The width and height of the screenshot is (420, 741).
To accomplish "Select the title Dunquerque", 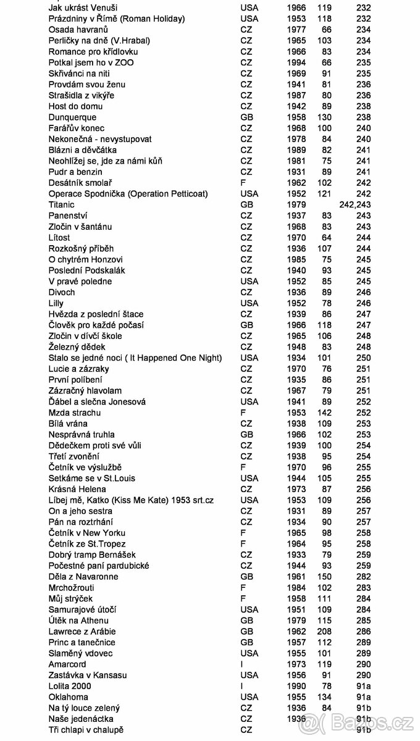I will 72,117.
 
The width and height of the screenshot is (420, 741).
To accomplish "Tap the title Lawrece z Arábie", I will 82,631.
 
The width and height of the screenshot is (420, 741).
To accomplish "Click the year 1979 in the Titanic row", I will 296,204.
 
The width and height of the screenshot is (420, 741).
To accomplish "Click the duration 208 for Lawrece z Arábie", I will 323,631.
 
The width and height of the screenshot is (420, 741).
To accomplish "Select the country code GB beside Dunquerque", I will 246,117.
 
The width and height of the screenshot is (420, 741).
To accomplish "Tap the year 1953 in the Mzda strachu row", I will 296,412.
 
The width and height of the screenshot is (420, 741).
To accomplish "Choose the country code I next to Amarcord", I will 241,664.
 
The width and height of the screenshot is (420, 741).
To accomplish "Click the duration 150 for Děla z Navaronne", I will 323,577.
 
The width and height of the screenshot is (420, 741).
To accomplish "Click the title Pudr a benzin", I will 75,172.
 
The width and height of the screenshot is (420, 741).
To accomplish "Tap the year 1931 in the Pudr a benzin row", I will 296,172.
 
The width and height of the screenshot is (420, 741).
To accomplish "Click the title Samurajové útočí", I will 83,609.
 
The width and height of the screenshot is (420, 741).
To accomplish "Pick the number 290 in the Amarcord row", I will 363,664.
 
